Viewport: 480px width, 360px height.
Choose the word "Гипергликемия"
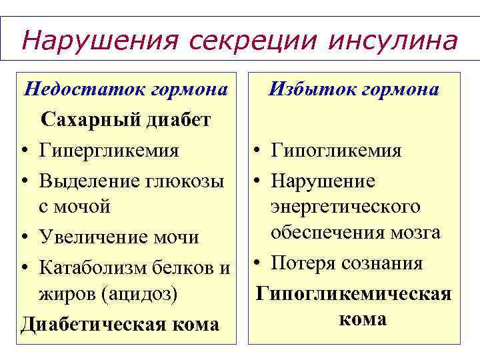click(x=108, y=150)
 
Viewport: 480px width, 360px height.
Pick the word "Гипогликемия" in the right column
click(x=337, y=150)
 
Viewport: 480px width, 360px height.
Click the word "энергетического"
click(x=345, y=207)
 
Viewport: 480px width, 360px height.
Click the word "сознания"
click(x=382, y=263)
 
